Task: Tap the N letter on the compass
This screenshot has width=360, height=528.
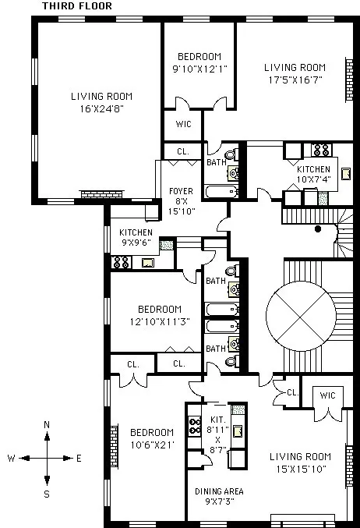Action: tap(47, 424)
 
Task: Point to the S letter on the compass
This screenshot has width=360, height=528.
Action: tap(47, 493)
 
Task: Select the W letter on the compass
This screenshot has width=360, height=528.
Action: tap(12, 459)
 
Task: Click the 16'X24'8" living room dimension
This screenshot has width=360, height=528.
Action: tap(101, 109)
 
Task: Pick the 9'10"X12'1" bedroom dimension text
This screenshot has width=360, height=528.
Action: tap(199, 69)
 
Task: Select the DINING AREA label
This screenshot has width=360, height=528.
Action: tap(219, 491)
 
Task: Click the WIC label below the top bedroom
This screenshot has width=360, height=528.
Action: tap(183, 124)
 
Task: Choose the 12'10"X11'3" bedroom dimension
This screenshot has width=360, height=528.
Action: tap(159, 321)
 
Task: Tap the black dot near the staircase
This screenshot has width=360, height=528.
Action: tap(318, 229)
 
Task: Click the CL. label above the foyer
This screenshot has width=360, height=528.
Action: tap(182, 151)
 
